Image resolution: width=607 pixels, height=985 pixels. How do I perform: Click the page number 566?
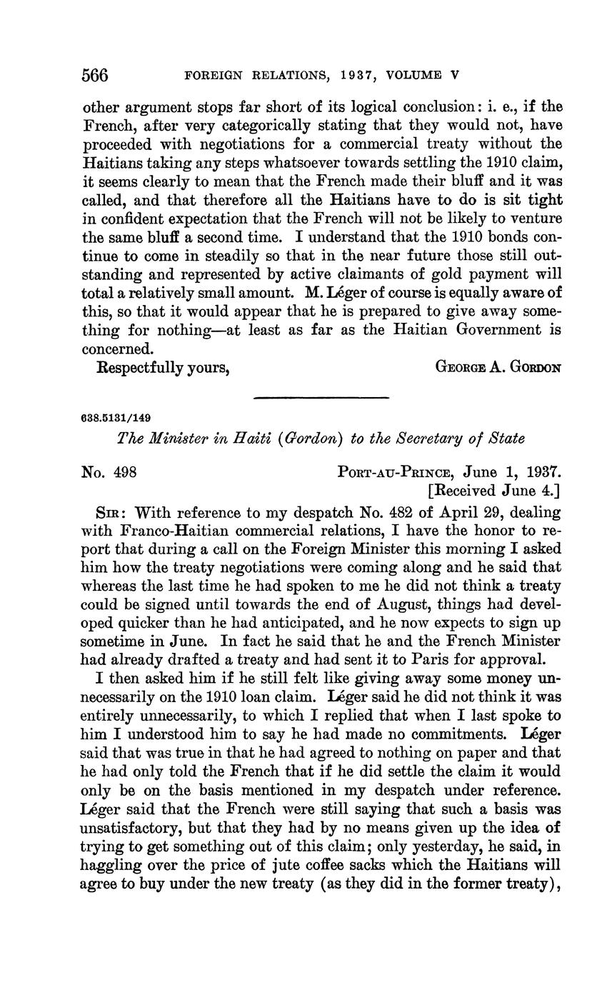95,74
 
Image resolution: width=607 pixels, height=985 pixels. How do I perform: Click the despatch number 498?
124,472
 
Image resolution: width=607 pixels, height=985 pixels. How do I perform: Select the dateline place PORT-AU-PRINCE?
396,472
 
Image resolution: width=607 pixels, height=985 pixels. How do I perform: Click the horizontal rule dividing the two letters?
321,397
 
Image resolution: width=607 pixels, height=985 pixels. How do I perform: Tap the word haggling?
111,866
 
